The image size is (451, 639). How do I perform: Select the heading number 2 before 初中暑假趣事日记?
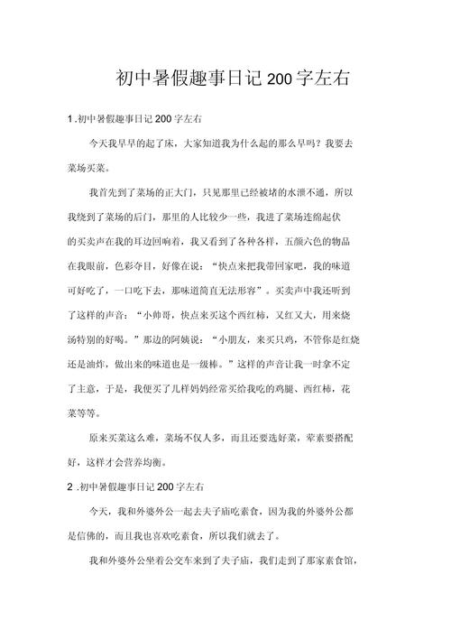click(69, 487)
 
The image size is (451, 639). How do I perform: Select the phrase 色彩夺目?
click(127, 265)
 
